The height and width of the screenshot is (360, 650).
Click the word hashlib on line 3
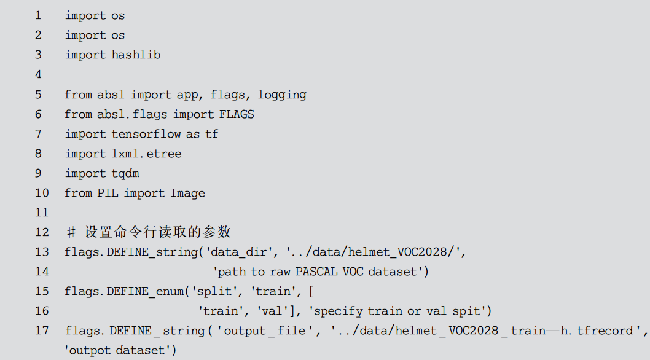(x=136, y=55)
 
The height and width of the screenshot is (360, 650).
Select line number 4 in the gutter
(x=39, y=74)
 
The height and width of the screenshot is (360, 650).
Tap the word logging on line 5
(x=282, y=95)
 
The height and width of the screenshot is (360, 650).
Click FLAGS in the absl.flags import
(x=237, y=114)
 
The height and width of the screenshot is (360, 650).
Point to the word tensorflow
(x=147, y=134)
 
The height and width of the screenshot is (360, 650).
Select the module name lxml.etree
(x=147, y=154)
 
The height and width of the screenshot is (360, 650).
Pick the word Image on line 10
(x=188, y=193)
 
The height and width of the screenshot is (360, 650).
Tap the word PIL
(x=108, y=193)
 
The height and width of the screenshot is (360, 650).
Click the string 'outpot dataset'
(x=120, y=350)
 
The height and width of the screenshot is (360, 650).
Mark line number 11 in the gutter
(x=41, y=213)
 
